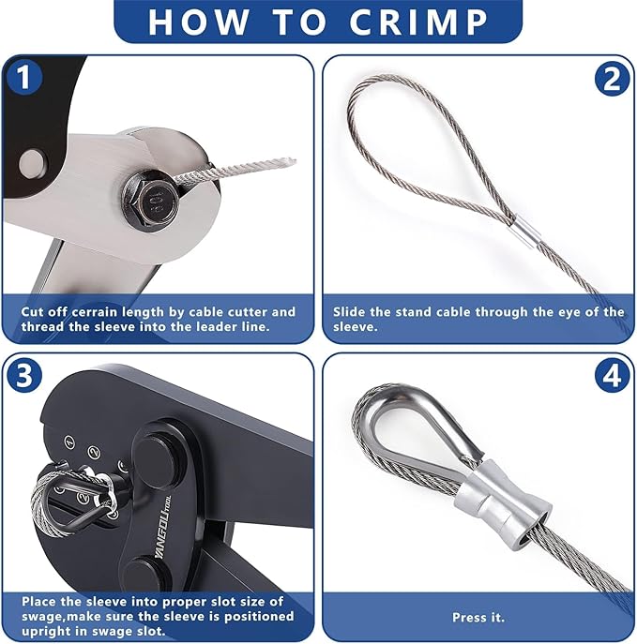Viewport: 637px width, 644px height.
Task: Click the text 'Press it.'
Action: pyautogui.click(x=478, y=618)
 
